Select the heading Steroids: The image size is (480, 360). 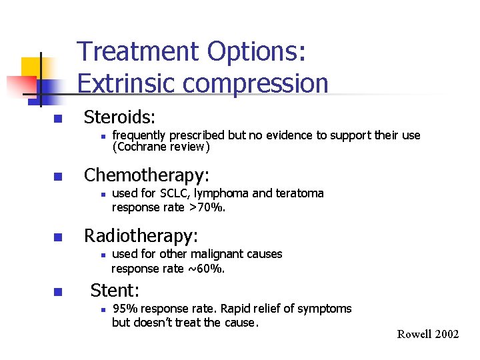119,117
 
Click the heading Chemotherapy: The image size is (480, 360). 146,175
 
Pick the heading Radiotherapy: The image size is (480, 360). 141,235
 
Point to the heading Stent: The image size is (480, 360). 115,290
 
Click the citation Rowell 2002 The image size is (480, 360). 428,334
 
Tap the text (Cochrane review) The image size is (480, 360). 161,147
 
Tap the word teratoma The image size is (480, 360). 299,193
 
